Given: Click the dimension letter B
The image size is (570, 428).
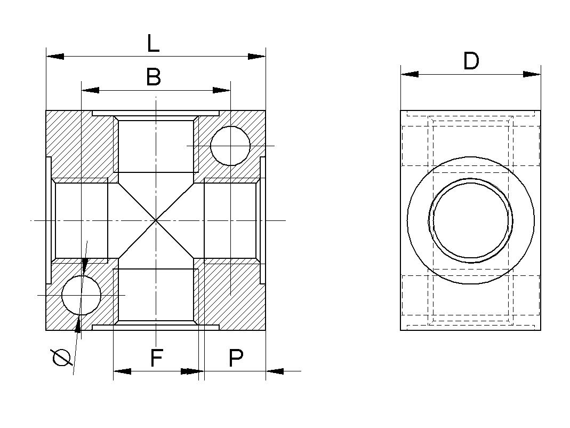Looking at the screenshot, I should coord(154,77).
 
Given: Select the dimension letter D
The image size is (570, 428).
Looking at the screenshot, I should coord(471,61).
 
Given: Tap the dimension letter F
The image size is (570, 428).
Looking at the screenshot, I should coord(156,358).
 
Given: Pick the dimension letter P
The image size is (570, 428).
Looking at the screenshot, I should coord(236,358).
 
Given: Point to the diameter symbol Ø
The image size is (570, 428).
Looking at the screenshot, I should coord(61,358).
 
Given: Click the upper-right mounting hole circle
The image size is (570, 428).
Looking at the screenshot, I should coord(230,146).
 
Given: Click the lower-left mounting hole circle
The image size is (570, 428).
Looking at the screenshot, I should coord(81,295).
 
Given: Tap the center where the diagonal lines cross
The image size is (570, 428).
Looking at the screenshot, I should coord(155,220).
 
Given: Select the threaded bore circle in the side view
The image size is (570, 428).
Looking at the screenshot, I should coord(471,220).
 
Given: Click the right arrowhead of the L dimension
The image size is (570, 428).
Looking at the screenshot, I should coord(257,56).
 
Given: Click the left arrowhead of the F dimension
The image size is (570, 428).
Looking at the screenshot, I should coord(122,371).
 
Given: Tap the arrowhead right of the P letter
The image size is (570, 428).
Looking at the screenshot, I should coord(275,371).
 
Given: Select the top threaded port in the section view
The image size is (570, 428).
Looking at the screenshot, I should coord(155,145).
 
